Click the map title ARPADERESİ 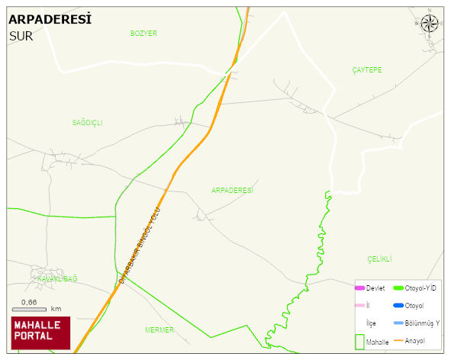point(50,19)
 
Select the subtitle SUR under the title point(21,36)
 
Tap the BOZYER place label point(143,34)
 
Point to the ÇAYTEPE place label point(367,70)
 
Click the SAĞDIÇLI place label point(87,123)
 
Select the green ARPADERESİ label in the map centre point(232,190)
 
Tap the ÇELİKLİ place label point(379,259)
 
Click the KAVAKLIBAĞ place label point(57,279)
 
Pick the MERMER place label point(159,330)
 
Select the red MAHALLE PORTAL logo point(40,332)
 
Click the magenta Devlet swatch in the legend point(359,288)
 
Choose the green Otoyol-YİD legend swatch point(398,288)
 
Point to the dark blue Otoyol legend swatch point(398,306)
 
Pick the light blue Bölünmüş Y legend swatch point(398,323)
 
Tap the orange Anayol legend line point(398,340)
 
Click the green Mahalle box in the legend point(359,341)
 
